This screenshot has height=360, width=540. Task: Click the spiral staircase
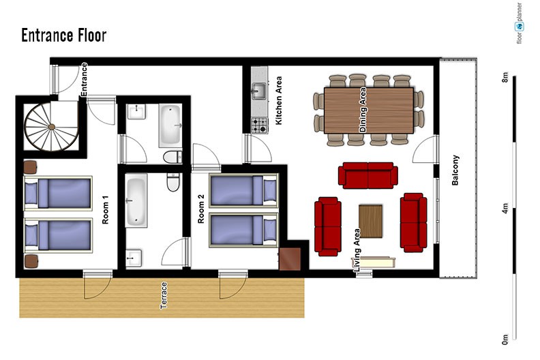pyautogui.click(x=51, y=127)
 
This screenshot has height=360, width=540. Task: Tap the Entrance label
pyautogui.click(x=84, y=80)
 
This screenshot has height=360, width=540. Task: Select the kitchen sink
pyautogui.click(x=258, y=91)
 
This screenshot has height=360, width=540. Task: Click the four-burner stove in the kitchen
pyautogui.click(x=259, y=125)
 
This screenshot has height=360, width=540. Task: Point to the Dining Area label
pyautogui.click(x=363, y=110)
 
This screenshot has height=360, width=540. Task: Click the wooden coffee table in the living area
pyautogui.click(x=370, y=221)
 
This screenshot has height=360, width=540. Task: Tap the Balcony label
pyautogui.click(x=455, y=170)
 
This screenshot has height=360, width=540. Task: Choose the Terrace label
pyautogui.click(x=164, y=295)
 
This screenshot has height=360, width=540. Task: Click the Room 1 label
pyautogui.click(x=106, y=210)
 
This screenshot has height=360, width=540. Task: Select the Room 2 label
pyautogui.click(x=201, y=209)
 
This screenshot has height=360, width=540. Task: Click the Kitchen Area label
pyautogui.click(x=279, y=100)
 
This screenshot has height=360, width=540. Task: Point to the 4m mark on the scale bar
pyautogui.click(x=505, y=208)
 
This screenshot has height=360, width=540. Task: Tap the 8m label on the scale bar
pyautogui.click(x=505, y=77)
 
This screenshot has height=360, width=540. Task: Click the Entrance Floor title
pyautogui.click(x=64, y=35)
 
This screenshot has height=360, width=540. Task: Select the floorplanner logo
pyautogui.click(x=520, y=23)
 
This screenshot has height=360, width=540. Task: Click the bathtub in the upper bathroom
pyautogui.click(x=170, y=125)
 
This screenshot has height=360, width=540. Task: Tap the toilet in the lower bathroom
pyautogui.click(x=173, y=182)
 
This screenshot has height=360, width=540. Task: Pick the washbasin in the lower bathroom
pyautogui.click(x=134, y=258)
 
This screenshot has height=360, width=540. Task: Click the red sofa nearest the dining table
pyautogui.click(x=368, y=175)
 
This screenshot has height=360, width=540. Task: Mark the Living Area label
pyautogui.click(x=357, y=250)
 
